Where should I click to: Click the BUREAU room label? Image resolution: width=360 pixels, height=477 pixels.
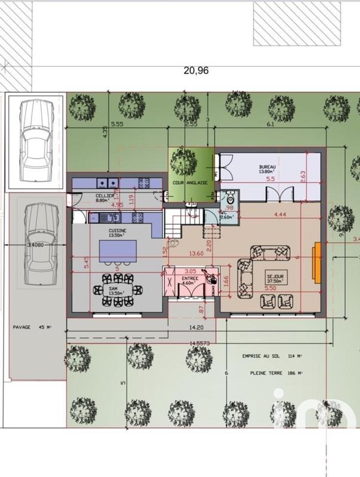click(x=266, y=167)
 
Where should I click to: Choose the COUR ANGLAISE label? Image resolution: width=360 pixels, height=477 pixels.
click(x=190, y=183)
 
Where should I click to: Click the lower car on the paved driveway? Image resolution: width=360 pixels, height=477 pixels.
click(x=38, y=244)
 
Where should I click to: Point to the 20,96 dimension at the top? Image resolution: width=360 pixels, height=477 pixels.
click(x=196, y=70)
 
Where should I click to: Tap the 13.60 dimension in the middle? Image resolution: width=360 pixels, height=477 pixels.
click(x=196, y=253)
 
